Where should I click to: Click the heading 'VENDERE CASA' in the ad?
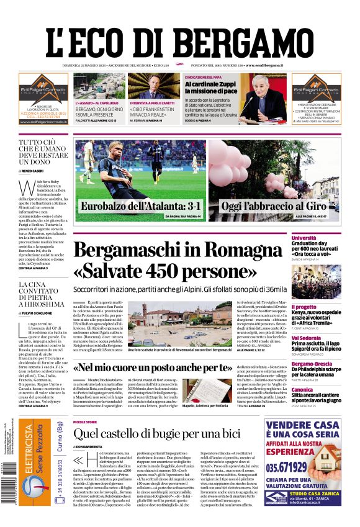tap(302, 430)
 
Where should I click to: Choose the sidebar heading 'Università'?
tap(321, 238)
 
